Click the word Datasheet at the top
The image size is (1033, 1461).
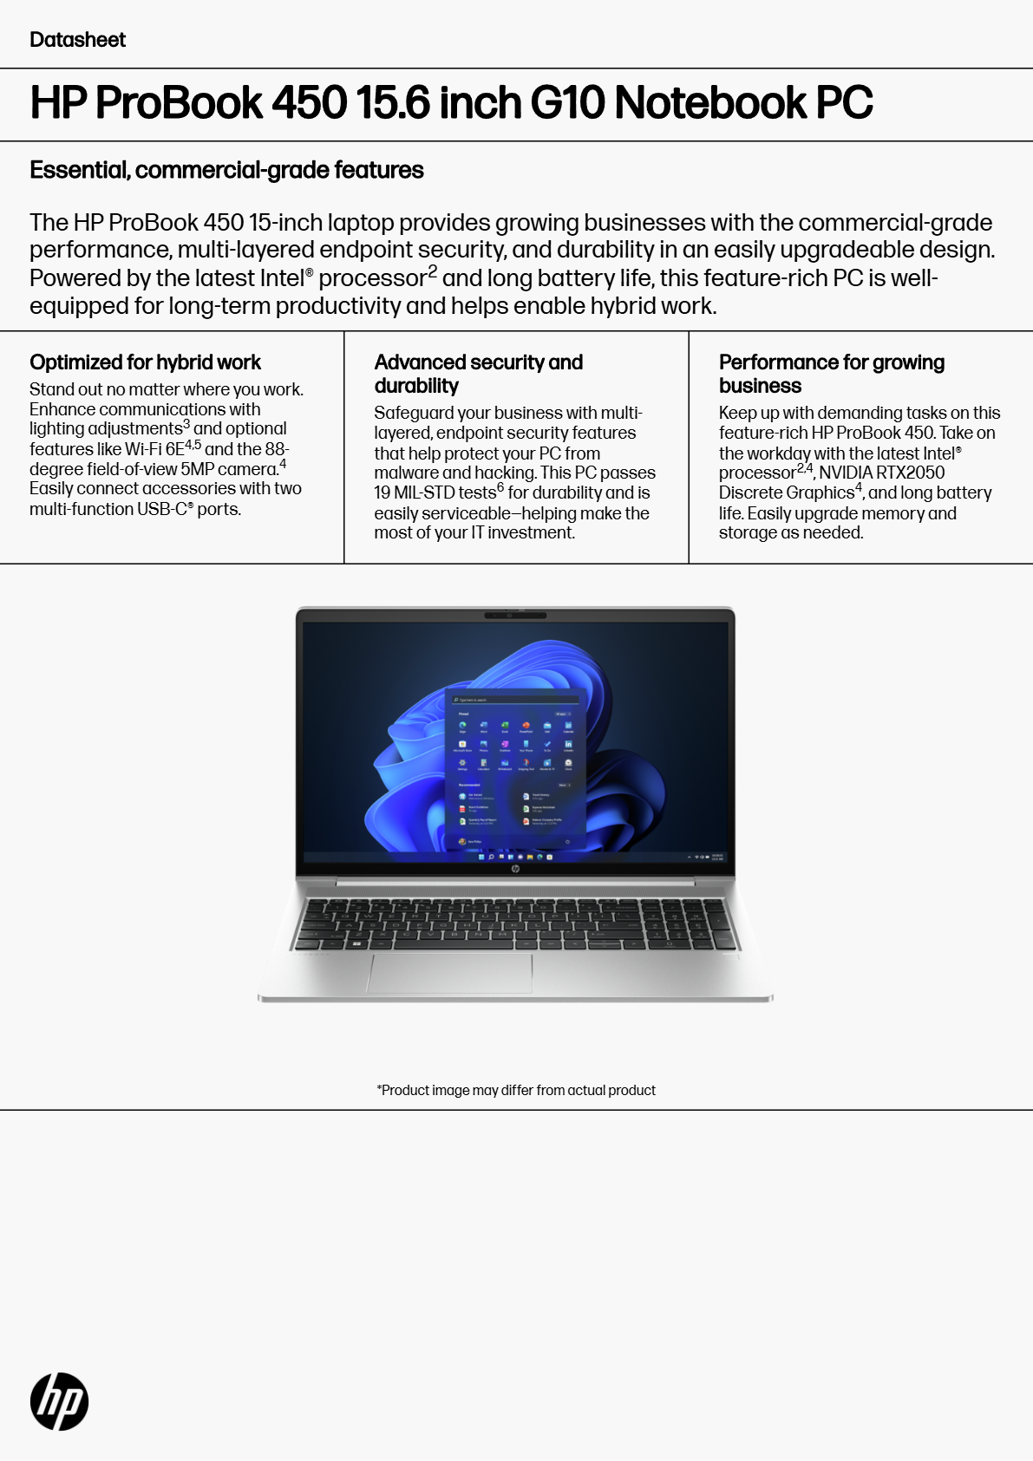(x=77, y=40)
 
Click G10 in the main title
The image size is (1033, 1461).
(x=567, y=102)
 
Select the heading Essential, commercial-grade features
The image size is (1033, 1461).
(x=226, y=170)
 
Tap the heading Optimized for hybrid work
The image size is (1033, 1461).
(x=145, y=362)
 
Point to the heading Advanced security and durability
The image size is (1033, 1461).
(x=478, y=374)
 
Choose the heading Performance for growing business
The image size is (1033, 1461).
(x=831, y=374)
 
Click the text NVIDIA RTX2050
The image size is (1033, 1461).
(x=881, y=473)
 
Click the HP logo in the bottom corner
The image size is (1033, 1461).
(x=59, y=1401)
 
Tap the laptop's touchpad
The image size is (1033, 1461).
(x=450, y=973)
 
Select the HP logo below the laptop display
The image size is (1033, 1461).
(x=515, y=868)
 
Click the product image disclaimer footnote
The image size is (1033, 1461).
(x=516, y=1090)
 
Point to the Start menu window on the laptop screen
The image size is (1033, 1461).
(x=516, y=767)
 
